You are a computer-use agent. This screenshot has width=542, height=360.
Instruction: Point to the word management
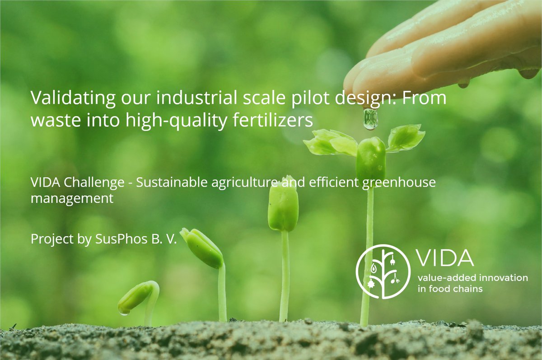click(x=72, y=198)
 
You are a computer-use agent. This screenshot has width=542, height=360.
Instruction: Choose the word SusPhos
click(x=119, y=239)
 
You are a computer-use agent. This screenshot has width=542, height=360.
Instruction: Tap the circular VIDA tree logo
click(x=383, y=271)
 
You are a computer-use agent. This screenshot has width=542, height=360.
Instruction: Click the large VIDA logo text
click(x=445, y=258)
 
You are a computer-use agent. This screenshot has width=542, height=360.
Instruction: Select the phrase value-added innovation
click(x=472, y=277)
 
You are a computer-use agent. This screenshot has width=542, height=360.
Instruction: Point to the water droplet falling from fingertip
click(x=370, y=118)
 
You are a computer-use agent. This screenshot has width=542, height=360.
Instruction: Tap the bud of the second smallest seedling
click(x=202, y=247)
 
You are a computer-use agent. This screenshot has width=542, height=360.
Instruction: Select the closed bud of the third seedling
click(x=283, y=206)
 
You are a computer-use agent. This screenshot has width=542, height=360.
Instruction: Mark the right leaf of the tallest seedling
click(x=406, y=137)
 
